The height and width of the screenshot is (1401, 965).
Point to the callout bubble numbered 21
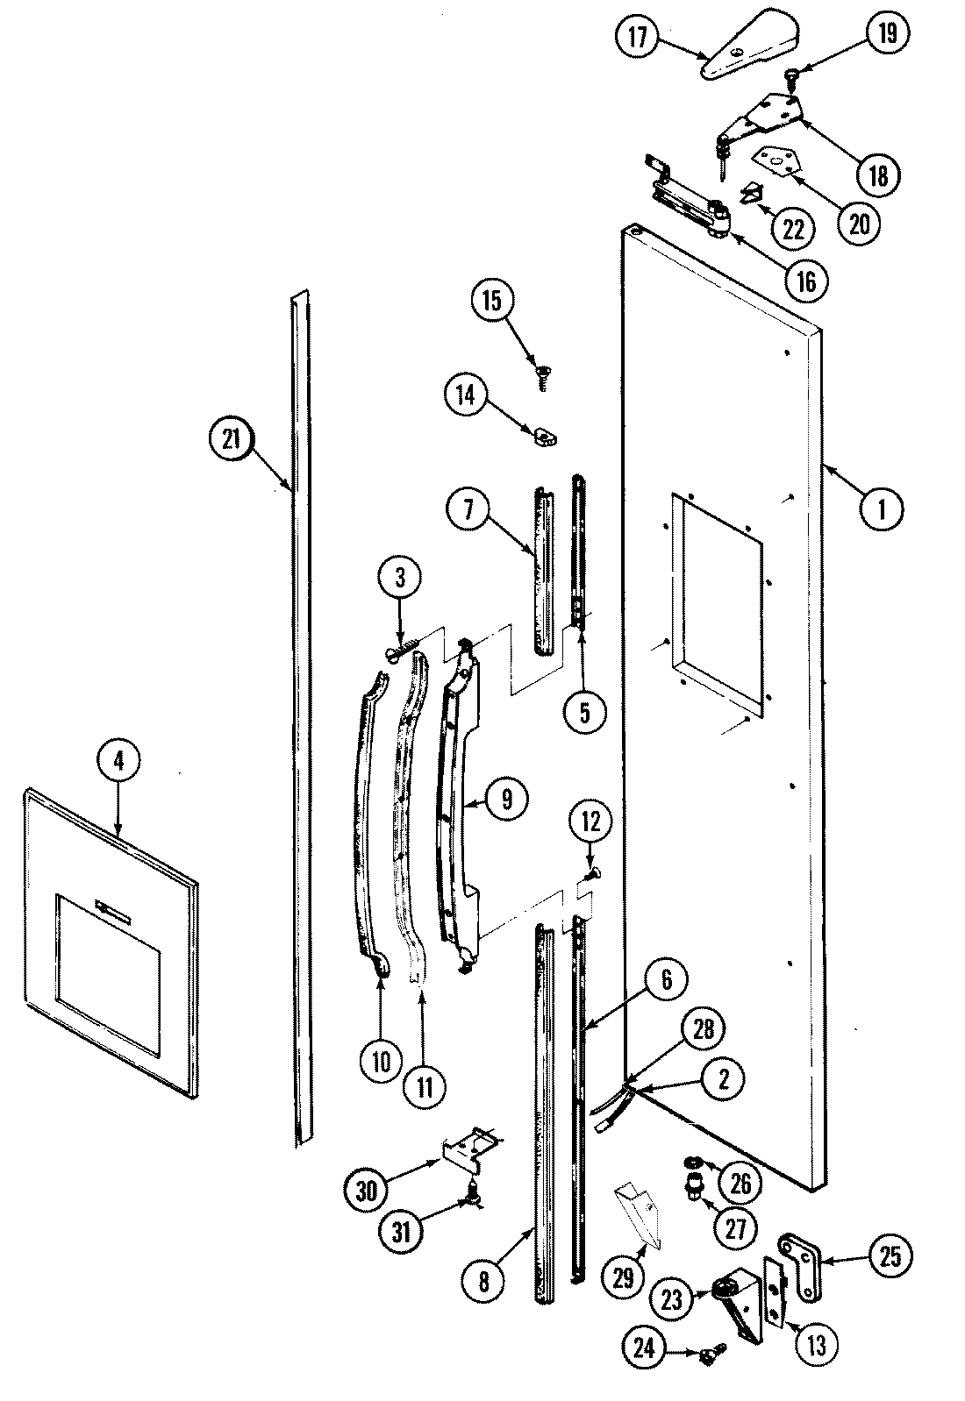tap(232, 440)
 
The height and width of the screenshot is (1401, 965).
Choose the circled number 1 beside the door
tap(883, 507)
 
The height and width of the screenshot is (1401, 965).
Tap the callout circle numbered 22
tap(791, 230)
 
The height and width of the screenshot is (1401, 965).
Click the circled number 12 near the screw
tap(590, 822)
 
